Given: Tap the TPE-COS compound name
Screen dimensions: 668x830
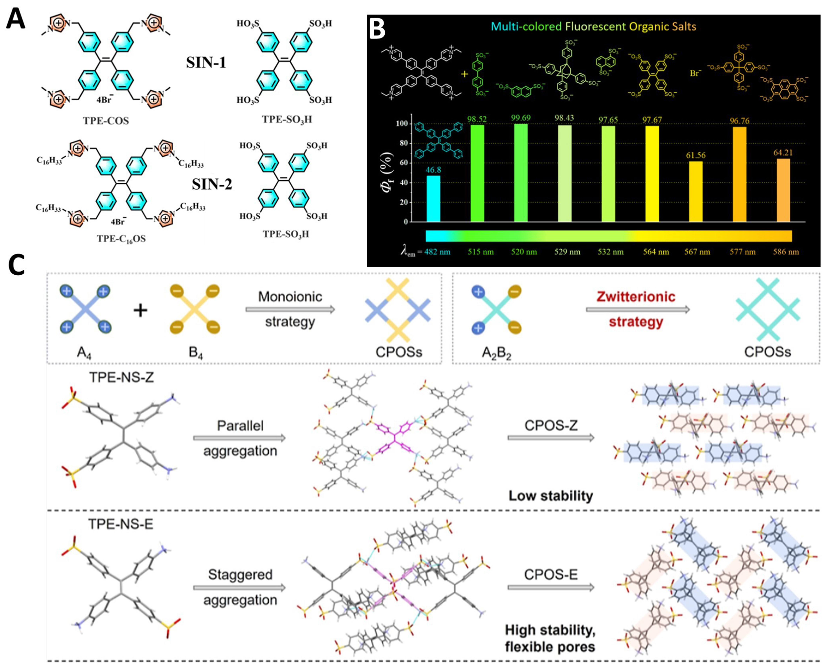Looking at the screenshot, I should (106, 121).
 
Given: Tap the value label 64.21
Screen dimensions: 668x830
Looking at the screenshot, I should (783, 153).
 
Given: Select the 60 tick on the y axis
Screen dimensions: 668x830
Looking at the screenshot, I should (403, 163).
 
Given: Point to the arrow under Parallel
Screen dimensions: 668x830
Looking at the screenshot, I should (239, 438).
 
